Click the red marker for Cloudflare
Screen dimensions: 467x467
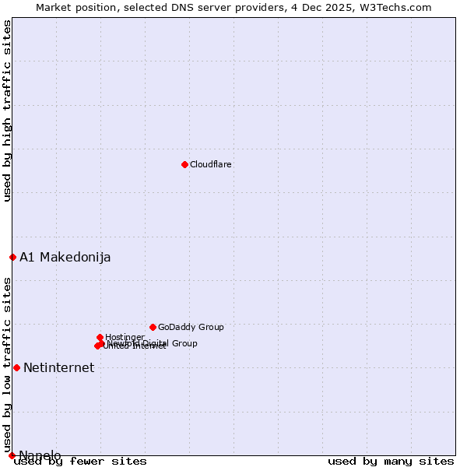[x=184, y=164]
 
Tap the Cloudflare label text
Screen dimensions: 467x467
[x=211, y=165]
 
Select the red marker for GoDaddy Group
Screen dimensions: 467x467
[x=153, y=327]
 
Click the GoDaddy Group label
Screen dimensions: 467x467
[x=191, y=328]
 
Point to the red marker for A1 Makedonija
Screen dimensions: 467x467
[x=12, y=257]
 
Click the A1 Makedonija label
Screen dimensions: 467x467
[x=65, y=258]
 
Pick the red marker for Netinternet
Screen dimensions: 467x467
[x=16, y=367]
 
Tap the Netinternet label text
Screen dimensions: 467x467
[x=59, y=368]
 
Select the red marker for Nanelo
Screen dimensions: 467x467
[x=12, y=455]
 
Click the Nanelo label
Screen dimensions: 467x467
[x=40, y=456]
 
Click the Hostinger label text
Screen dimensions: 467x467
[x=125, y=337]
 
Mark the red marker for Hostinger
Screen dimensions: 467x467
[x=100, y=337]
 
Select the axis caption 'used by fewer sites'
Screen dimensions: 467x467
[x=80, y=462]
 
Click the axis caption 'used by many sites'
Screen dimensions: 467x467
[x=391, y=462]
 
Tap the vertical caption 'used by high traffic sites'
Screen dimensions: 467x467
[x=8, y=111]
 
